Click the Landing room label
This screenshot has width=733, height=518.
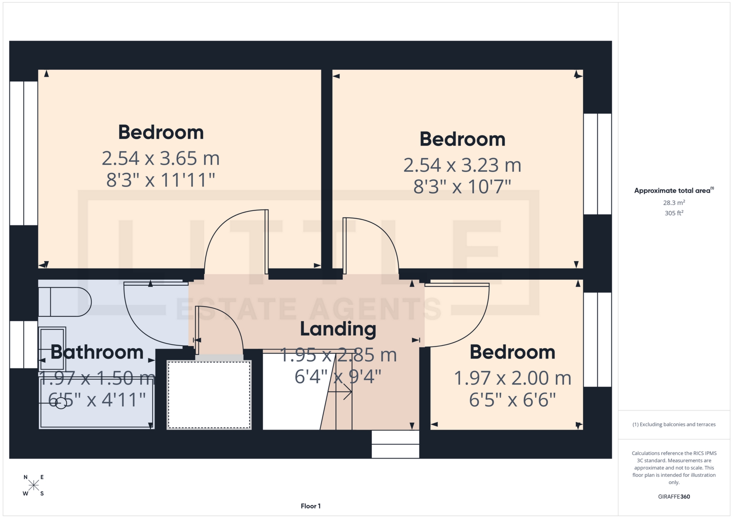338,329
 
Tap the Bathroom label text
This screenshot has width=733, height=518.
97,352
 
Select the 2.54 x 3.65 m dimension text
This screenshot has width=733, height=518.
160,158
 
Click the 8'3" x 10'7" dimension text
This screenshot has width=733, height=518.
462,187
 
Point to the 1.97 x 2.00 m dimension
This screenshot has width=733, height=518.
512,378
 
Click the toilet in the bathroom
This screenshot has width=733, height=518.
64,302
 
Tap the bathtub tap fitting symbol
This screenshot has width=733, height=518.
60,403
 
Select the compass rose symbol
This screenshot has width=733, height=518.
34,485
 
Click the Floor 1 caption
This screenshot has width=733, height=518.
310,506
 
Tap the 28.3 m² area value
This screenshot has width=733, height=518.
674,203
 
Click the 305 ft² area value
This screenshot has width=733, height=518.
674,213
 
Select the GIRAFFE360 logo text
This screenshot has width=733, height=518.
674,497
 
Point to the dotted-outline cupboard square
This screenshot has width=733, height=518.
209,395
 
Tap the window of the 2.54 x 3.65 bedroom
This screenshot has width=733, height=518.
24,153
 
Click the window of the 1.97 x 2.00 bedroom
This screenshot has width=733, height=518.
597,339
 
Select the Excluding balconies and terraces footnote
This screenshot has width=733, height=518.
674,425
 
